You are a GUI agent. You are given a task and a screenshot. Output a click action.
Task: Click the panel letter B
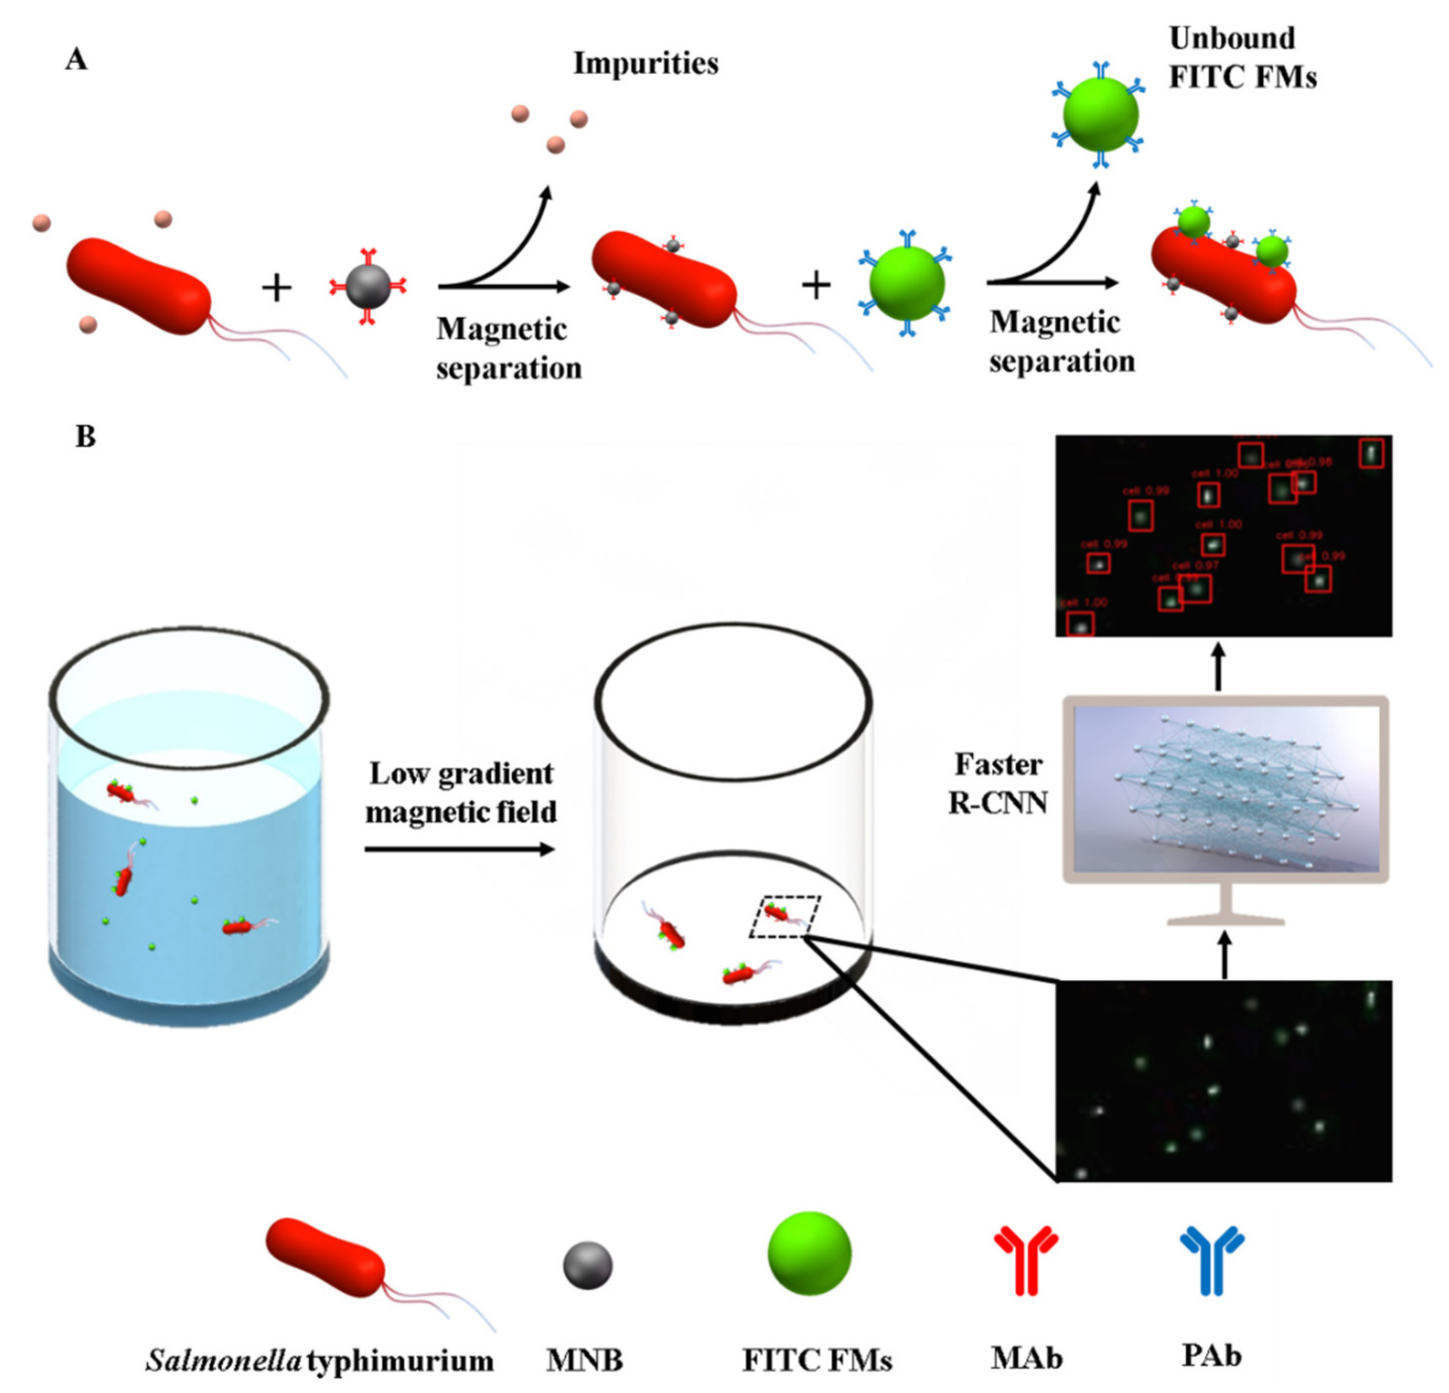pyautogui.click(x=86, y=437)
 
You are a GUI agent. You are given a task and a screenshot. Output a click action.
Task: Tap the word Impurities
pyautogui.click(x=646, y=63)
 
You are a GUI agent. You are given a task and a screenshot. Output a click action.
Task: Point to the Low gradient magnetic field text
pyautogui.click(x=461, y=792)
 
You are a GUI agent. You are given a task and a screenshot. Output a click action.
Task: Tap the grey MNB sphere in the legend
pyautogui.click(x=588, y=1265)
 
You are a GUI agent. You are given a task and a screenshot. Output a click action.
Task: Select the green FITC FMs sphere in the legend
pyautogui.click(x=809, y=1254)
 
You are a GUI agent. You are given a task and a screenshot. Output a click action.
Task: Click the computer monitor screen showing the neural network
pyautogui.click(x=1225, y=788)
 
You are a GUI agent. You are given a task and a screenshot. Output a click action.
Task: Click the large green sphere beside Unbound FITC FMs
pyautogui.click(x=1100, y=114)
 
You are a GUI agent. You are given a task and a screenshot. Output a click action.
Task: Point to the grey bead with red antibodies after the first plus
pyautogui.click(x=367, y=286)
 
